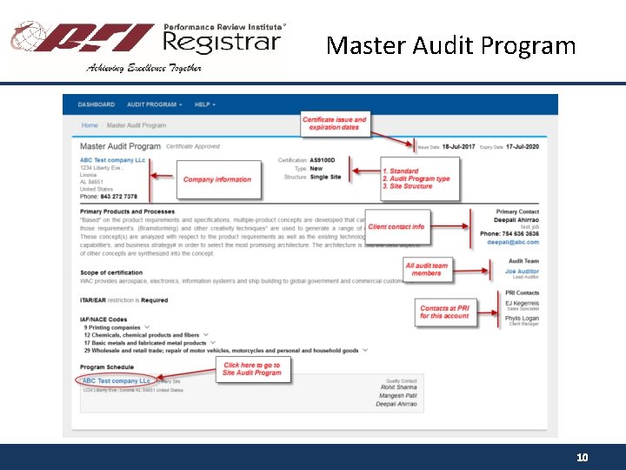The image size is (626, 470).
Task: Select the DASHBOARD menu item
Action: click(97, 104)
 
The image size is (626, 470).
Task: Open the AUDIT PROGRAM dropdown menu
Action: click(154, 104)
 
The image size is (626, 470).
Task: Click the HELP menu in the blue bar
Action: click(204, 104)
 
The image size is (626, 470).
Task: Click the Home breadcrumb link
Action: click(90, 125)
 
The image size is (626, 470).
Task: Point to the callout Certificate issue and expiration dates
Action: click(335, 123)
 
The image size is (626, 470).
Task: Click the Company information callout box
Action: click(216, 179)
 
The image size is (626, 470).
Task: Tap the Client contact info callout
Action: click(396, 226)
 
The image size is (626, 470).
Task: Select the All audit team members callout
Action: click(426, 269)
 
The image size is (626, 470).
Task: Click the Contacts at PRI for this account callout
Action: click(444, 312)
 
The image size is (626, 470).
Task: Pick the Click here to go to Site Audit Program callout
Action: click(252, 369)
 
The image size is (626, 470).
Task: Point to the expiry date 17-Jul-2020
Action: click(522, 147)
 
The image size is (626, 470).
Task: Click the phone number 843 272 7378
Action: click(118, 197)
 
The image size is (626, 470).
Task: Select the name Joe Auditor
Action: click(522, 272)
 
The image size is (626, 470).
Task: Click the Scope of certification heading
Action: click(111, 272)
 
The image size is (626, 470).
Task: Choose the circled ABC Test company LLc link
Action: click(116, 381)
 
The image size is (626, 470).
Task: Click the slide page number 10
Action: click(583, 457)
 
